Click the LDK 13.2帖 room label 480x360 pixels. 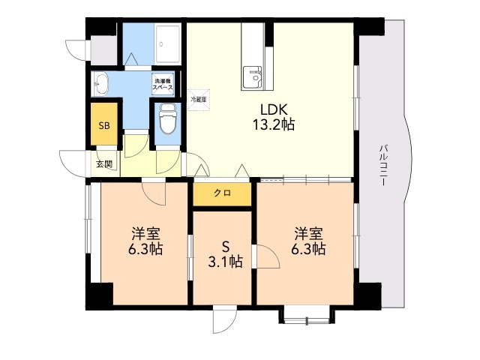click(x=273, y=117)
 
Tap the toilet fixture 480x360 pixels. click(x=168, y=118)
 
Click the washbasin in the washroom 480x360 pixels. click(x=100, y=83)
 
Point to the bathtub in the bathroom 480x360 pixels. click(x=168, y=45)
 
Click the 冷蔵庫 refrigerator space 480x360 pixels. click(x=199, y=100)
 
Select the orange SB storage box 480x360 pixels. click(x=104, y=124)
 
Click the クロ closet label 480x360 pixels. click(x=222, y=193)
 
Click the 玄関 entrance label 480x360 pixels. click(x=104, y=164)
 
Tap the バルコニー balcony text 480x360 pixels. click(x=383, y=165)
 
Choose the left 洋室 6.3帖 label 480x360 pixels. click(x=145, y=241)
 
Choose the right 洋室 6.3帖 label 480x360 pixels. click(x=308, y=241)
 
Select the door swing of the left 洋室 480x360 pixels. click(x=154, y=193)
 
